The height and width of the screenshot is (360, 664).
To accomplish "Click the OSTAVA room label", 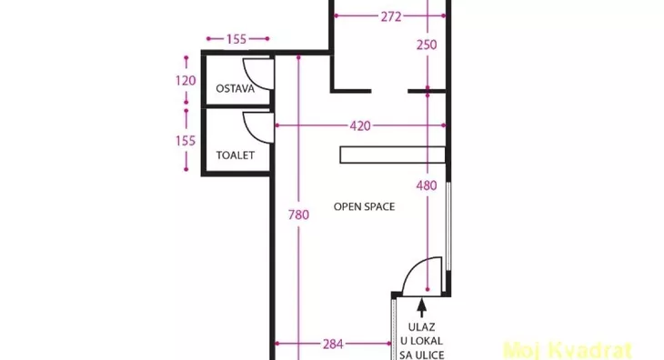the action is (235, 89).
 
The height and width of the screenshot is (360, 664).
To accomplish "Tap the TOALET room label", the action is (235, 155).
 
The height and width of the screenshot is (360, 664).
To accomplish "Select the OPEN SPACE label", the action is (364, 207).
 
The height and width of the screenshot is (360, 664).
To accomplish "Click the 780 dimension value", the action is (298, 215).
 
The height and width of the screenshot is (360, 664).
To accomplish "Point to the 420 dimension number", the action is (360, 126).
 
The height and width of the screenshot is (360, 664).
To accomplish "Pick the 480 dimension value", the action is (427, 185).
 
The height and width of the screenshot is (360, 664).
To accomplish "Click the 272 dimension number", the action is (391, 17).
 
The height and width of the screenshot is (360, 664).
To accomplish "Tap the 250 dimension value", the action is (427, 45).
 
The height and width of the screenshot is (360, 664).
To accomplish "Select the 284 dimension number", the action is (333, 345).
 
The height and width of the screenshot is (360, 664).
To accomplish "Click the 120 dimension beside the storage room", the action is (186, 80).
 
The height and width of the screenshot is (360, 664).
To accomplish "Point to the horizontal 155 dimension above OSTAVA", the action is (236, 39).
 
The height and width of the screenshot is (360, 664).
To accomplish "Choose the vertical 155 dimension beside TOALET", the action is (186, 140).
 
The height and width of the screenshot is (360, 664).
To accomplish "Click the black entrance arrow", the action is (421, 307).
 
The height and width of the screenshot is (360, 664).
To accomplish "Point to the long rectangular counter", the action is (393, 155).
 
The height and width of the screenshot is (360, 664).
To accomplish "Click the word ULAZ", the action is (422, 327).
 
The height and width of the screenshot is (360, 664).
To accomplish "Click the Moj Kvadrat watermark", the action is (568, 350).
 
